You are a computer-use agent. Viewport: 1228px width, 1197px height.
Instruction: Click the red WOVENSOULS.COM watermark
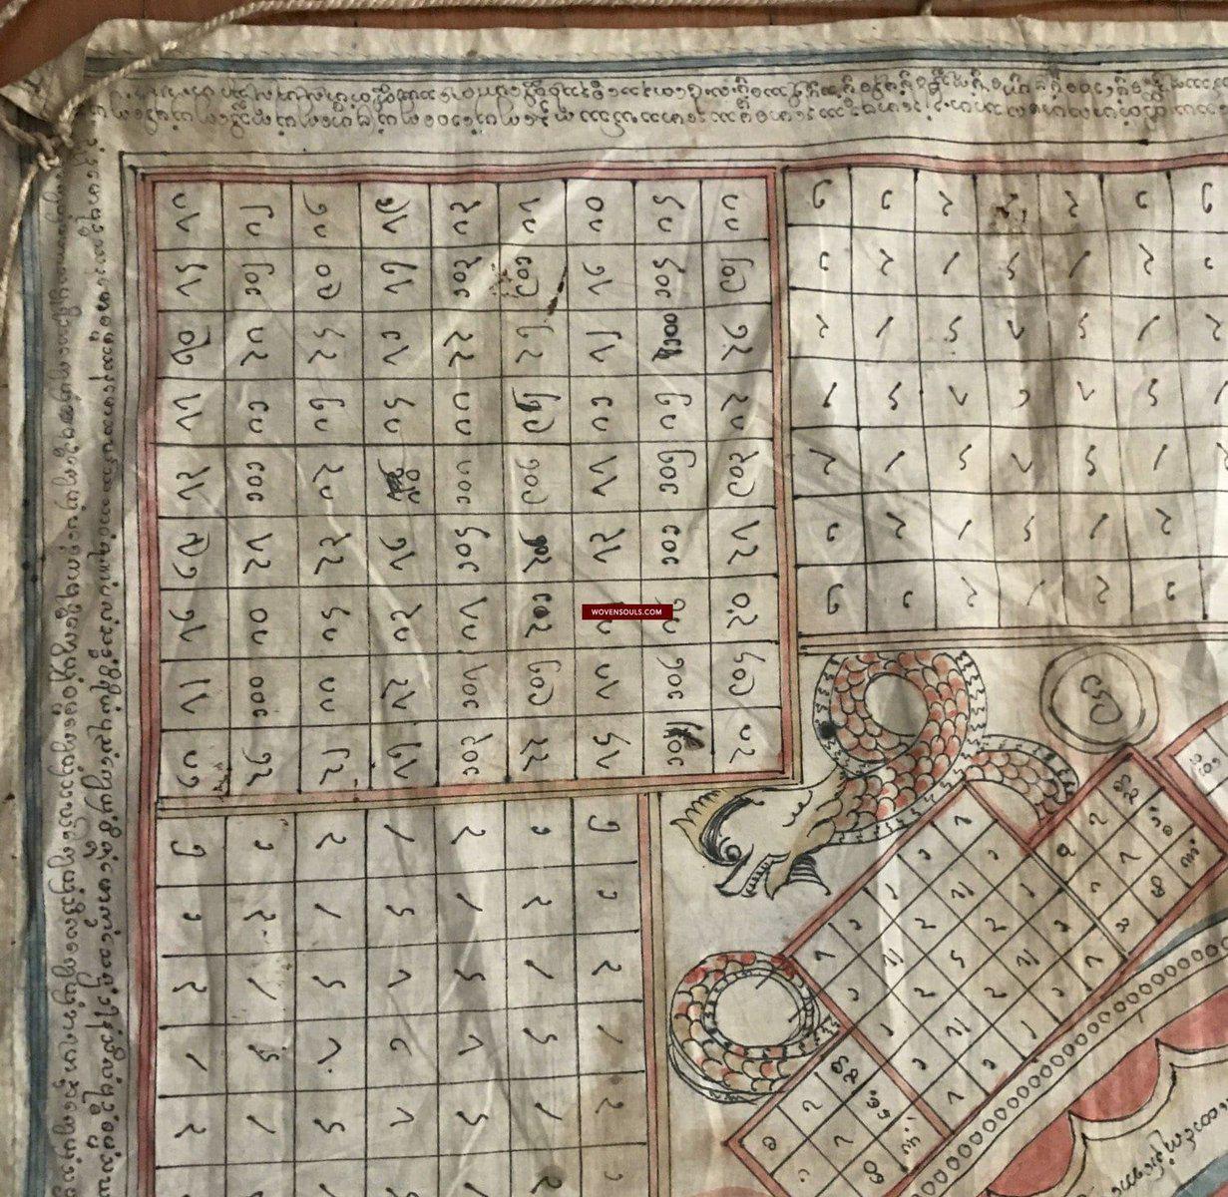626,611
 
